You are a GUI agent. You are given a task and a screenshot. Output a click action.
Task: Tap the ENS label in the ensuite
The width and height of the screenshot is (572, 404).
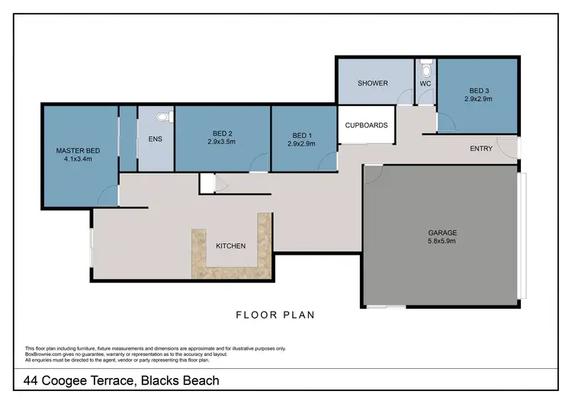click(155, 139)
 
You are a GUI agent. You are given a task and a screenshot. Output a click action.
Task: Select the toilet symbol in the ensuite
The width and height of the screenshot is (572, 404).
click(161, 118)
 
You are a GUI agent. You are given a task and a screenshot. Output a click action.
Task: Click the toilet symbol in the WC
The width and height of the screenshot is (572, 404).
click(425, 65)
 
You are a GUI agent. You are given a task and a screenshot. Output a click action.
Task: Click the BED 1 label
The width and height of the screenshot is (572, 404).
click(300, 134)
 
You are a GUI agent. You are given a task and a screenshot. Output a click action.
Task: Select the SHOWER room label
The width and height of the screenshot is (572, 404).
click(373, 83)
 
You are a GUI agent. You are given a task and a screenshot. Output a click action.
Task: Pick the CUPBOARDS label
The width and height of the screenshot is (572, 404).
click(367, 125)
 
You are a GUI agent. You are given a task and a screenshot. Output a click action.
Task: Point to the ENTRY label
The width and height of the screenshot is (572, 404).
click(480, 149)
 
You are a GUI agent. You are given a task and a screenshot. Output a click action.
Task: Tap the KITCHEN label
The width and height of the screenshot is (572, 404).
click(230, 246)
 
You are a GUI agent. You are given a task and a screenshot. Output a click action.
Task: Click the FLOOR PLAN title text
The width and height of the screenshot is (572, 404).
click(275, 314)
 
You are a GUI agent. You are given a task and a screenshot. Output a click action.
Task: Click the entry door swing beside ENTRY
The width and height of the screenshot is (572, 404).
click(505, 146)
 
